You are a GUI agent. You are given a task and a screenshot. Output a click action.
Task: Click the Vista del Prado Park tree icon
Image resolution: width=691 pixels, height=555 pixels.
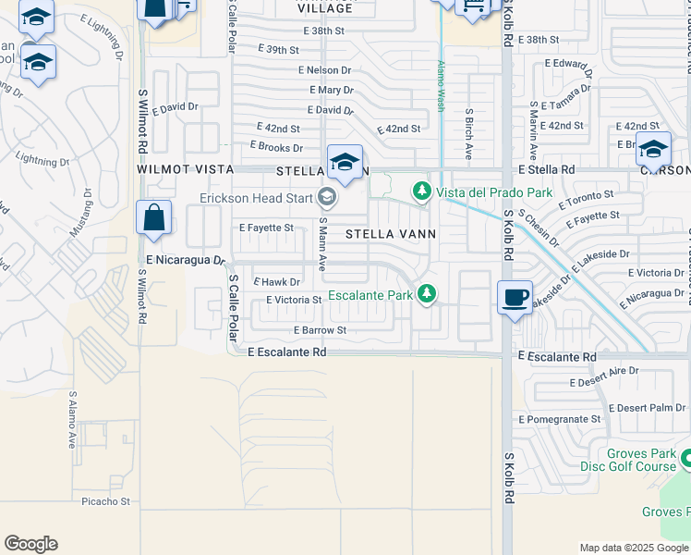(x=422, y=191)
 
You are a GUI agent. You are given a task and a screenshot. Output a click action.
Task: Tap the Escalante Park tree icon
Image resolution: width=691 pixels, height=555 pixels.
(x=426, y=293)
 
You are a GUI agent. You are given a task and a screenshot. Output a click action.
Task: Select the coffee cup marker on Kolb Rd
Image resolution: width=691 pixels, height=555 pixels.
(x=515, y=298)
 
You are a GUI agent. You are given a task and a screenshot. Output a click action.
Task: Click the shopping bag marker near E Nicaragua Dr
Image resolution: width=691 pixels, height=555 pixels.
(x=154, y=219)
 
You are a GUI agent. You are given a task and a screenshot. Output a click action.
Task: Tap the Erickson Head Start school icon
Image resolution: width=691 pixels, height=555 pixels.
(x=325, y=196)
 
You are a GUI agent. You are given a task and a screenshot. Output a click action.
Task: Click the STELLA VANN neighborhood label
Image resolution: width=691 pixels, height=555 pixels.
(x=391, y=234)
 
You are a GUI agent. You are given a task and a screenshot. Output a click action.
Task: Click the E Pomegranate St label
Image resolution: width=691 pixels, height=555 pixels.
(x=559, y=419)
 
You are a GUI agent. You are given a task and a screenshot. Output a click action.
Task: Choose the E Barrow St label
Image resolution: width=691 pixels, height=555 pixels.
(x=320, y=330)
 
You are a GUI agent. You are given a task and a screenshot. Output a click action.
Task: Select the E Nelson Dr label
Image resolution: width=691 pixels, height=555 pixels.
(x=324, y=70)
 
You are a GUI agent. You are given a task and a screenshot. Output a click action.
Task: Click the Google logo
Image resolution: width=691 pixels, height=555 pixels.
(x=30, y=544)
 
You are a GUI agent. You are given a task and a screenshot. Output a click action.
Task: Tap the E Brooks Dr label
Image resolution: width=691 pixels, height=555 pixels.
(x=276, y=147)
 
